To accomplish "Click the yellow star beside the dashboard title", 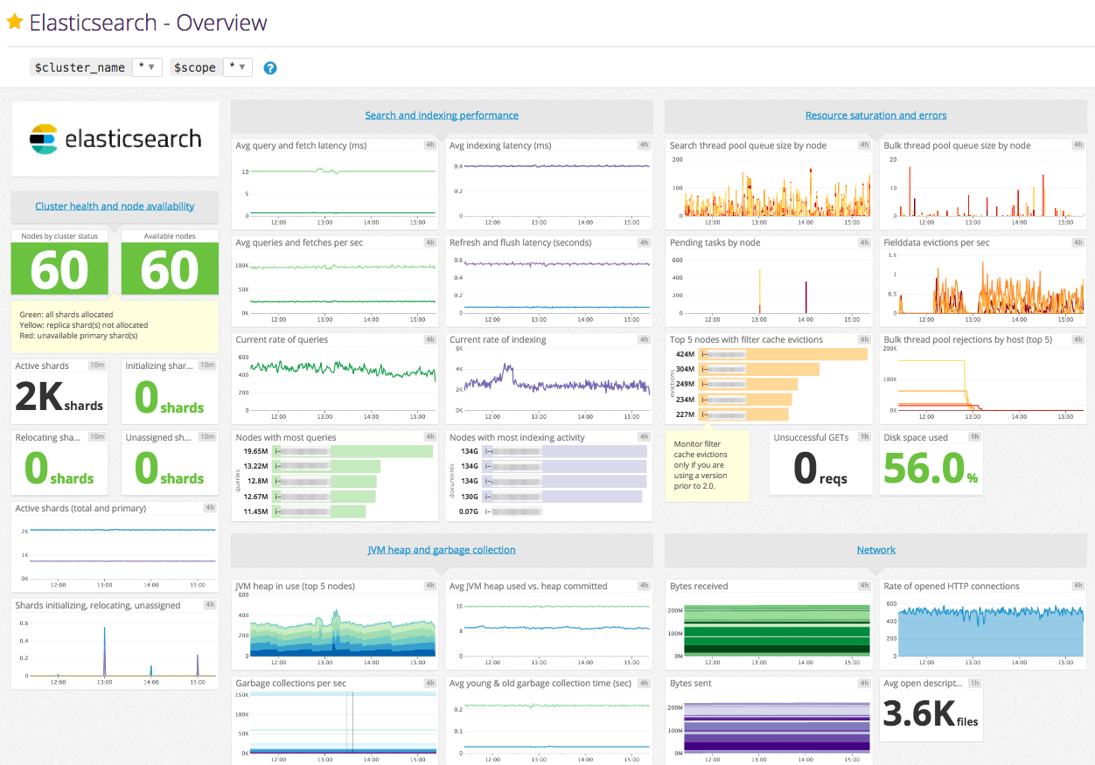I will point(15,22).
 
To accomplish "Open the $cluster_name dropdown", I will point(146,67).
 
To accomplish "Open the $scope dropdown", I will point(237,67).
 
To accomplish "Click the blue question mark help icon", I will point(270,67).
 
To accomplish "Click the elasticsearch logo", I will point(115,139).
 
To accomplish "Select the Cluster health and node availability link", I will point(115,206).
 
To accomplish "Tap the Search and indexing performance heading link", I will point(442,115).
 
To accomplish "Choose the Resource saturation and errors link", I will point(875,115).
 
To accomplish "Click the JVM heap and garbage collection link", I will point(442,550).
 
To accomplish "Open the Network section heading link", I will point(875,550).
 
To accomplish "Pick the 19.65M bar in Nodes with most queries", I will point(353,451).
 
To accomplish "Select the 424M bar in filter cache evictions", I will point(784,354).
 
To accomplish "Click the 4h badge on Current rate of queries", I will point(429,339).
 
